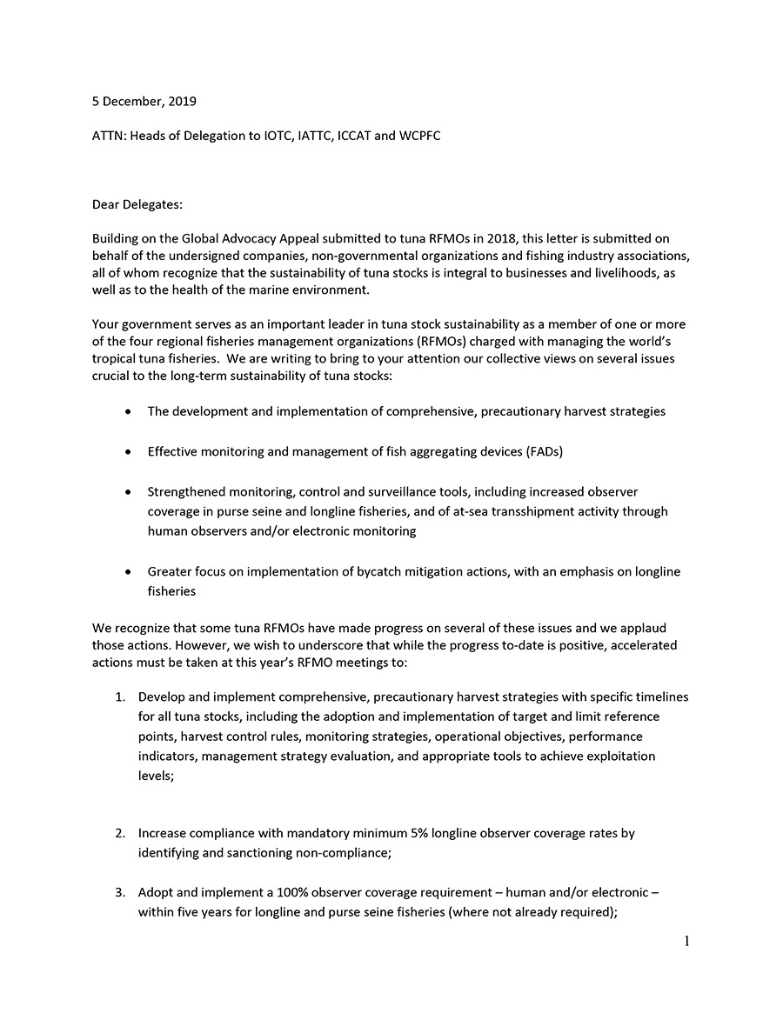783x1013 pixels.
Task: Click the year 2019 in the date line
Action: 182,102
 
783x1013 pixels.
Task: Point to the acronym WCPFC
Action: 418,137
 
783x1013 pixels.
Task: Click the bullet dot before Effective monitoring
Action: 129,452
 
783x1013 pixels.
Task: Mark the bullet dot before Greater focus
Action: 129,572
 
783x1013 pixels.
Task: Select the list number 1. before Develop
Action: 122,697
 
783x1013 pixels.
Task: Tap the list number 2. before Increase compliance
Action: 122,833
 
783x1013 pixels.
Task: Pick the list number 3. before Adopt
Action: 122,893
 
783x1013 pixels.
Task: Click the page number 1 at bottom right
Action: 686,941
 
